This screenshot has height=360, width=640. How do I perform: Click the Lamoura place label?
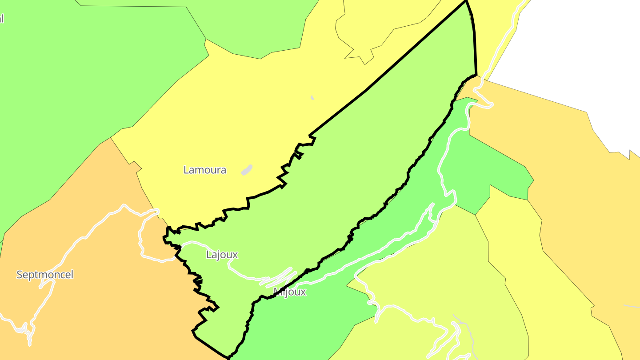(205, 170)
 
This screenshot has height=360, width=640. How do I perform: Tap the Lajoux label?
(222, 255)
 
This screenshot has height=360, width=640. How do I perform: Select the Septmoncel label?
(45, 275)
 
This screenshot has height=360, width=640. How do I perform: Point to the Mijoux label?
(290, 292)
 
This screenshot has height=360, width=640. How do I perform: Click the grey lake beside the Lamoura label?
(247, 170)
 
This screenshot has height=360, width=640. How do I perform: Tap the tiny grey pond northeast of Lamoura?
(312, 98)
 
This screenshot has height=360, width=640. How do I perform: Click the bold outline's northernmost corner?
(466, 1)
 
